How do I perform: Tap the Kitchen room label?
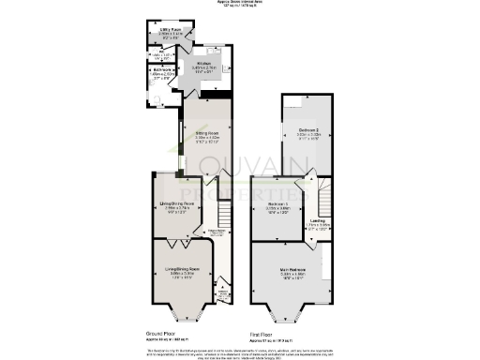(x=202, y=66)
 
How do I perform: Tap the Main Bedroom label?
(x=293, y=274)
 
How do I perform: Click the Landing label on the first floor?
(x=319, y=222)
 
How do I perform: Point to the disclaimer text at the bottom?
(x=240, y=352)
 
